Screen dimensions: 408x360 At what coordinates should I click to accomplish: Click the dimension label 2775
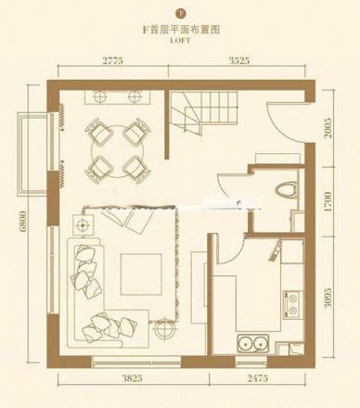(x=109, y=60)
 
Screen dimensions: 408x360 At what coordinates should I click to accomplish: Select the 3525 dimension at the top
(x=245, y=60)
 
